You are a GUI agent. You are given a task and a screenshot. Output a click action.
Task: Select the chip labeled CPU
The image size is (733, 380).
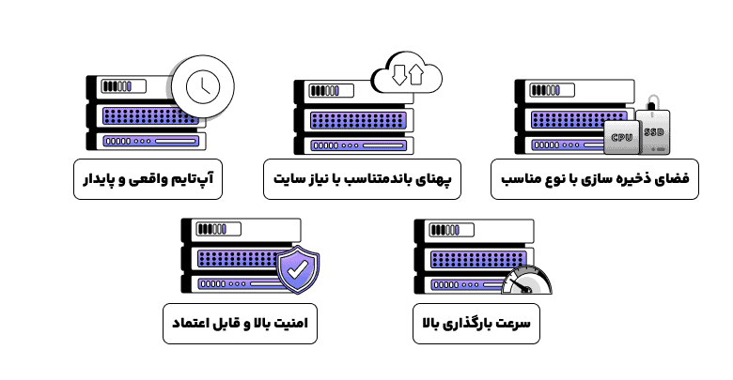(621, 137)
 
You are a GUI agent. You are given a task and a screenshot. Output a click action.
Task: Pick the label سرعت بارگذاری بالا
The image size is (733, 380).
(477, 321)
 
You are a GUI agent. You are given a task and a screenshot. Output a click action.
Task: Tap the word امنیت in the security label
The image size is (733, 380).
(304, 321)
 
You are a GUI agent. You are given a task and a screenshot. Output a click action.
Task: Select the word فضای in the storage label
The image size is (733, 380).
(672, 178)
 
